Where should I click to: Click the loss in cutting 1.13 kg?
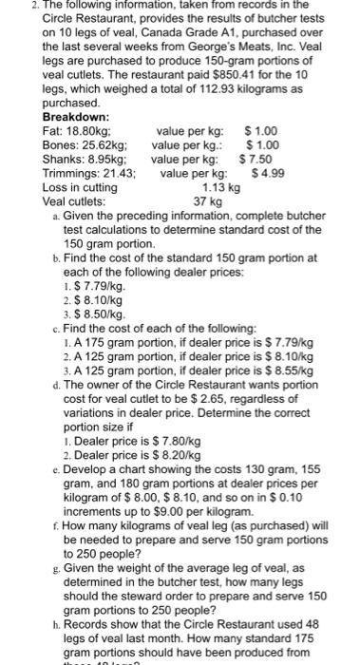click(x=196, y=188)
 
